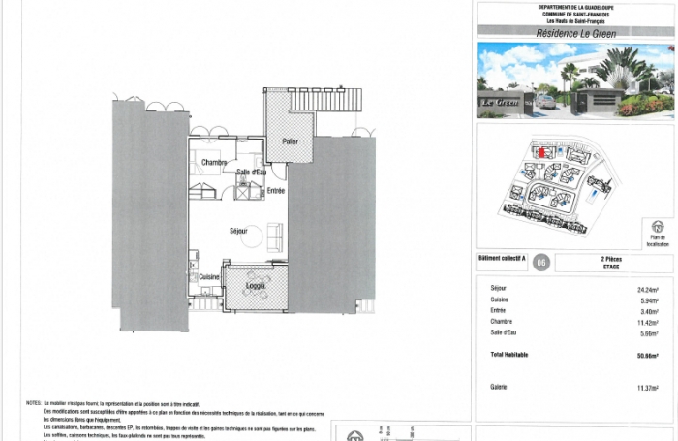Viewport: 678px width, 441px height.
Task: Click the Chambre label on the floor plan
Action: coord(214,162)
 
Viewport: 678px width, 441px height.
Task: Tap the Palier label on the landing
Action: coord(290,142)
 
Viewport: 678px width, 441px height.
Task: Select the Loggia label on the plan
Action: coord(257,286)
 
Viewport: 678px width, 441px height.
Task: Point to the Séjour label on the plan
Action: coord(238,231)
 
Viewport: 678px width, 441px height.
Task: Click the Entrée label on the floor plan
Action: coord(276,191)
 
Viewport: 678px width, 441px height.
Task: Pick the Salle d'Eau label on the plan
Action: coord(251,172)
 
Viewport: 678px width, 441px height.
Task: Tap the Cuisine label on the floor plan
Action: coord(208,276)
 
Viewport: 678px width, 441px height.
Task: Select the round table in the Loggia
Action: coord(257,274)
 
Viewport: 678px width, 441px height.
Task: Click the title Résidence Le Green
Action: coord(575,33)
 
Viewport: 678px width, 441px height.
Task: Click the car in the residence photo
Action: coord(546,101)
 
